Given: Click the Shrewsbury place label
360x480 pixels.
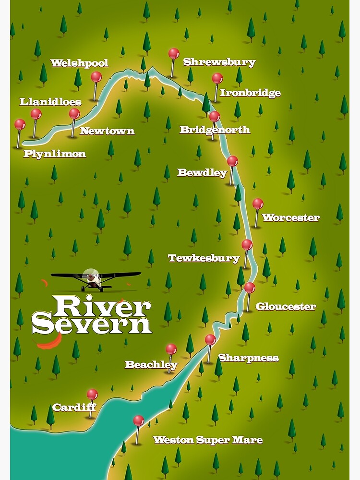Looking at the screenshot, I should pyautogui.click(x=219, y=62).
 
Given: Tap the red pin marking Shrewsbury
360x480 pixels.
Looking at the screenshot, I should pyautogui.click(x=174, y=53).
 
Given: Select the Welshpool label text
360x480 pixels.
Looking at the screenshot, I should pyautogui.click(x=79, y=63).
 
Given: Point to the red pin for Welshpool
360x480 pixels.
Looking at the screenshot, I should pyautogui.click(x=96, y=77).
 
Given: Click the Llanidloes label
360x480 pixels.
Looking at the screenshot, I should pyautogui.click(x=50, y=102).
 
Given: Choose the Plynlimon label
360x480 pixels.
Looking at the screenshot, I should pyautogui.click(x=55, y=154).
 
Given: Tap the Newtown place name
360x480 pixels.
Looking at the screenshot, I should pyautogui.click(x=107, y=131).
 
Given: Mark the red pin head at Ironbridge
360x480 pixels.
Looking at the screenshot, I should pyautogui.click(x=217, y=78).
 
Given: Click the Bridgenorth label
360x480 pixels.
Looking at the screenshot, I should pyautogui.click(x=215, y=130).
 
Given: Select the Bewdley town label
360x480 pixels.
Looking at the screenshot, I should pyautogui.click(x=202, y=173).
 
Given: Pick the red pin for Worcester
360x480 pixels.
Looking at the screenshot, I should pyautogui.click(x=258, y=204).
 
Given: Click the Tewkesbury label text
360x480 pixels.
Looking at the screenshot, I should pyautogui.click(x=204, y=259).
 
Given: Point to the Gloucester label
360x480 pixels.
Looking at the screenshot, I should pyautogui.click(x=286, y=307).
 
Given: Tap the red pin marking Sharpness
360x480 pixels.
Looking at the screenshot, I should pyautogui.click(x=210, y=339).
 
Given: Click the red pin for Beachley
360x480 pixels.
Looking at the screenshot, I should pyautogui.click(x=171, y=349).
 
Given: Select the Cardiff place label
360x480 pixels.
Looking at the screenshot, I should pyautogui.click(x=74, y=408).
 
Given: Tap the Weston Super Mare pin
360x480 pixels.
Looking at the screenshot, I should pyautogui.click(x=138, y=420).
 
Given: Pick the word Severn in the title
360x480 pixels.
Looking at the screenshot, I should pyautogui.click(x=92, y=324).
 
